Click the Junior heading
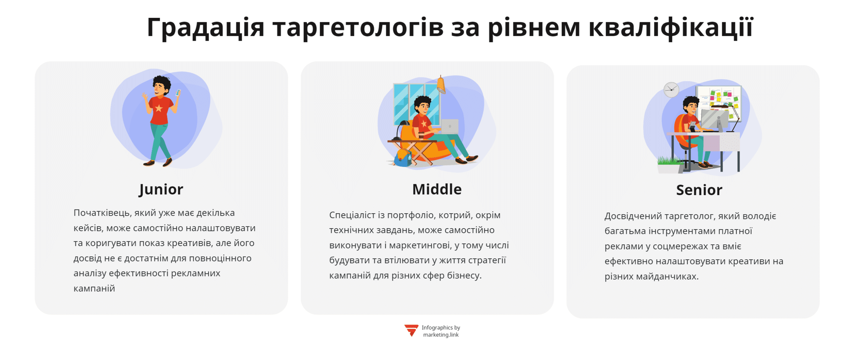pyautogui.click(x=160, y=189)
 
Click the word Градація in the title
pyautogui.click(x=205, y=27)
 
